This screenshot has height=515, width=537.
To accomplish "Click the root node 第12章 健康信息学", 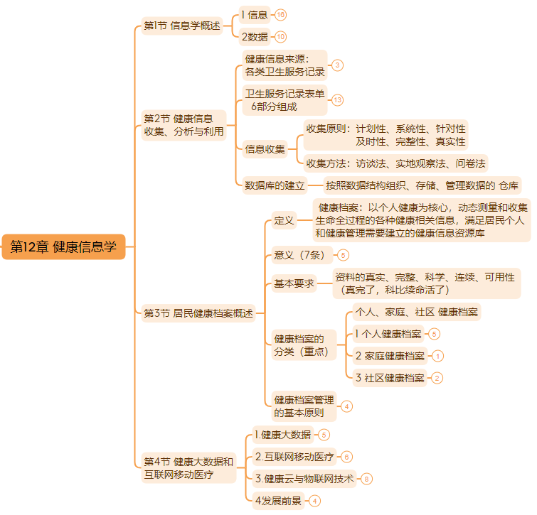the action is click(x=63, y=246).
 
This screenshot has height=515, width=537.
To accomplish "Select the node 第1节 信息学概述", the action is click(x=182, y=26).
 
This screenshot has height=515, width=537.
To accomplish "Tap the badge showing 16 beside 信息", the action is click(x=281, y=15).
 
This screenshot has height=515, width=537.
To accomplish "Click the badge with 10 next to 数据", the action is click(x=281, y=37).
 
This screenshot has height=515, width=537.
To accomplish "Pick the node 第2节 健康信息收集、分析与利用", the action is click(x=184, y=124).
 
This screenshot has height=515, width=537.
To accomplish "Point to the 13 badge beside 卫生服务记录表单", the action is click(x=337, y=99).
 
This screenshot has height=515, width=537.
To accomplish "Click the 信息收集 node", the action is click(x=265, y=149).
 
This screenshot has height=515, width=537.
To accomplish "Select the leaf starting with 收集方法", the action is click(x=396, y=163).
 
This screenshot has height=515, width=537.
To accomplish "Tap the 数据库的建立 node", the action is click(x=275, y=185).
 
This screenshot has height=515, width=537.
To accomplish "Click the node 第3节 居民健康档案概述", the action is click(x=198, y=313).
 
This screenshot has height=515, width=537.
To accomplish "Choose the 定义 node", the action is click(x=284, y=220).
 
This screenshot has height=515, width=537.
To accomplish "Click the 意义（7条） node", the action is click(x=302, y=254).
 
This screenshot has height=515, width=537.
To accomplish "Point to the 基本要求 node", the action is click(x=294, y=283).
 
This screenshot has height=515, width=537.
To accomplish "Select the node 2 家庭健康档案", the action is click(x=390, y=356).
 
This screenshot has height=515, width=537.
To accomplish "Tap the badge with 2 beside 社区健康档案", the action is click(x=437, y=378).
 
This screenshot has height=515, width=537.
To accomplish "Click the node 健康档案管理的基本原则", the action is click(x=304, y=406).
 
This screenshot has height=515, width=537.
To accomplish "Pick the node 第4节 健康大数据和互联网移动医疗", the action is click(x=188, y=468).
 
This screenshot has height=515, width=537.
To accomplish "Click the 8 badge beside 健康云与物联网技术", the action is click(x=366, y=479).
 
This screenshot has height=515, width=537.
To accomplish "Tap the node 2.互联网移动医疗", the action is click(x=294, y=457).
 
